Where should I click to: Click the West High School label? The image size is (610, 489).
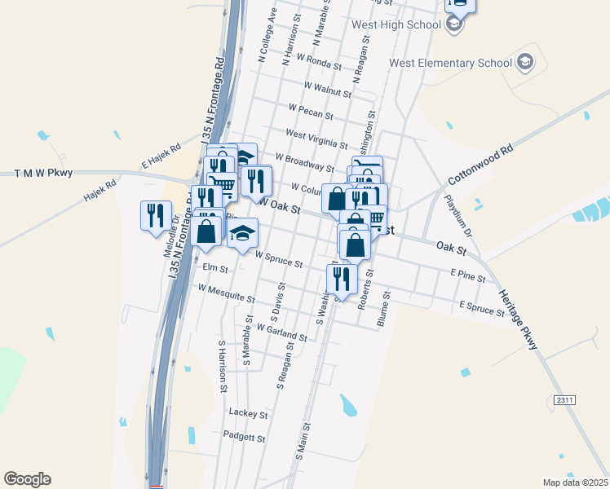click(x=396, y=24)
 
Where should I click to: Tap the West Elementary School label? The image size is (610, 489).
click(x=450, y=63)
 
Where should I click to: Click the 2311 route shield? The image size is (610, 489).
click(x=564, y=400)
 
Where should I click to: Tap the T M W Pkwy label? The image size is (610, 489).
click(x=44, y=173)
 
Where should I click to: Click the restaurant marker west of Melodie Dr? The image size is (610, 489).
click(x=156, y=216)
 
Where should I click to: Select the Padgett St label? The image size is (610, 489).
click(x=245, y=438)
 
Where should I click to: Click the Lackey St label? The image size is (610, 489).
click(x=248, y=414)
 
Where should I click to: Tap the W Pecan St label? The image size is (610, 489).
click(x=311, y=109)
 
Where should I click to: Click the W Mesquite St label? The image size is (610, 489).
click(x=226, y=292)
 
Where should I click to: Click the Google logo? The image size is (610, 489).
click(x=27, y=479)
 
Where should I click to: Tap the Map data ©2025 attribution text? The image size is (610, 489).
click(x=575, y=482)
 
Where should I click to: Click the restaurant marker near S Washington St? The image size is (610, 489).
click(x=341, y=278)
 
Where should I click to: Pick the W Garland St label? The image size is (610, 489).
click(x=281, y=332)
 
